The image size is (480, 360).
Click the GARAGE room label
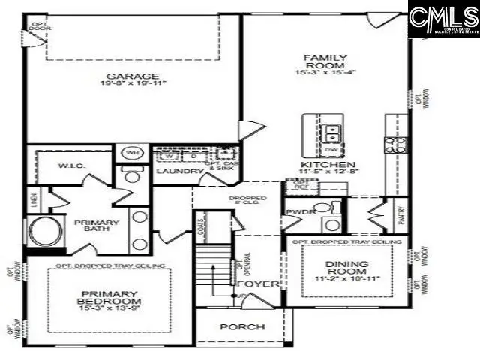tap(132, 76)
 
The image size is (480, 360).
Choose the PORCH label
tap(242, 327)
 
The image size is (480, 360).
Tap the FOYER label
tap(258, 284)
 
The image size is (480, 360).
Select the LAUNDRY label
tap(179, 172)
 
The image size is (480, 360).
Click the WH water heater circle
tap(133, 154)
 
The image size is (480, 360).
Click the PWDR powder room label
tap(298, 212)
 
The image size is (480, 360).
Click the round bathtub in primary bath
tap(37, 231)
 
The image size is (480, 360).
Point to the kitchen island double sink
tap(331, 134)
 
